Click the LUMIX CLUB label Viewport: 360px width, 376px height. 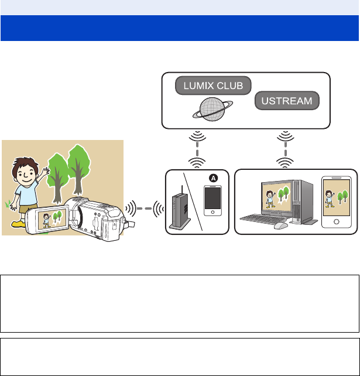(x=213, y=86)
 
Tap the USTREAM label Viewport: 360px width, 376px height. (x=287, y=101)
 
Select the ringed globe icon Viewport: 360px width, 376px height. (x=212, y=109)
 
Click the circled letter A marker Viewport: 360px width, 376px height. (x=213, y=178)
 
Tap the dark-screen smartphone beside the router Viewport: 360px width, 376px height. (x=212, y=201)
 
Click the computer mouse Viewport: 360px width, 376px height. (x=280, y=225)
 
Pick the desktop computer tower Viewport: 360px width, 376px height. (x=303, y=202)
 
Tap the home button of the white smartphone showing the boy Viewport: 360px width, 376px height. (x=336, y=221)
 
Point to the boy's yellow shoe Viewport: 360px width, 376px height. (x=19, y=224)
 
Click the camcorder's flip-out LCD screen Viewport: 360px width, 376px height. (x=51, y=220)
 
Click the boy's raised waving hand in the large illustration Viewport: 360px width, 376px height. (x=46, y=171)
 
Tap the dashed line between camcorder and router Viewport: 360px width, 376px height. (x=145, y=208)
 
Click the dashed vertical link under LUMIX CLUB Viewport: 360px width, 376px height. (x=197, y=149)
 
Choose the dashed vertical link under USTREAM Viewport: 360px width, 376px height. (x=285, y=149)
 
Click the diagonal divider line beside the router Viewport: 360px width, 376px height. (x=193, y=201)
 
